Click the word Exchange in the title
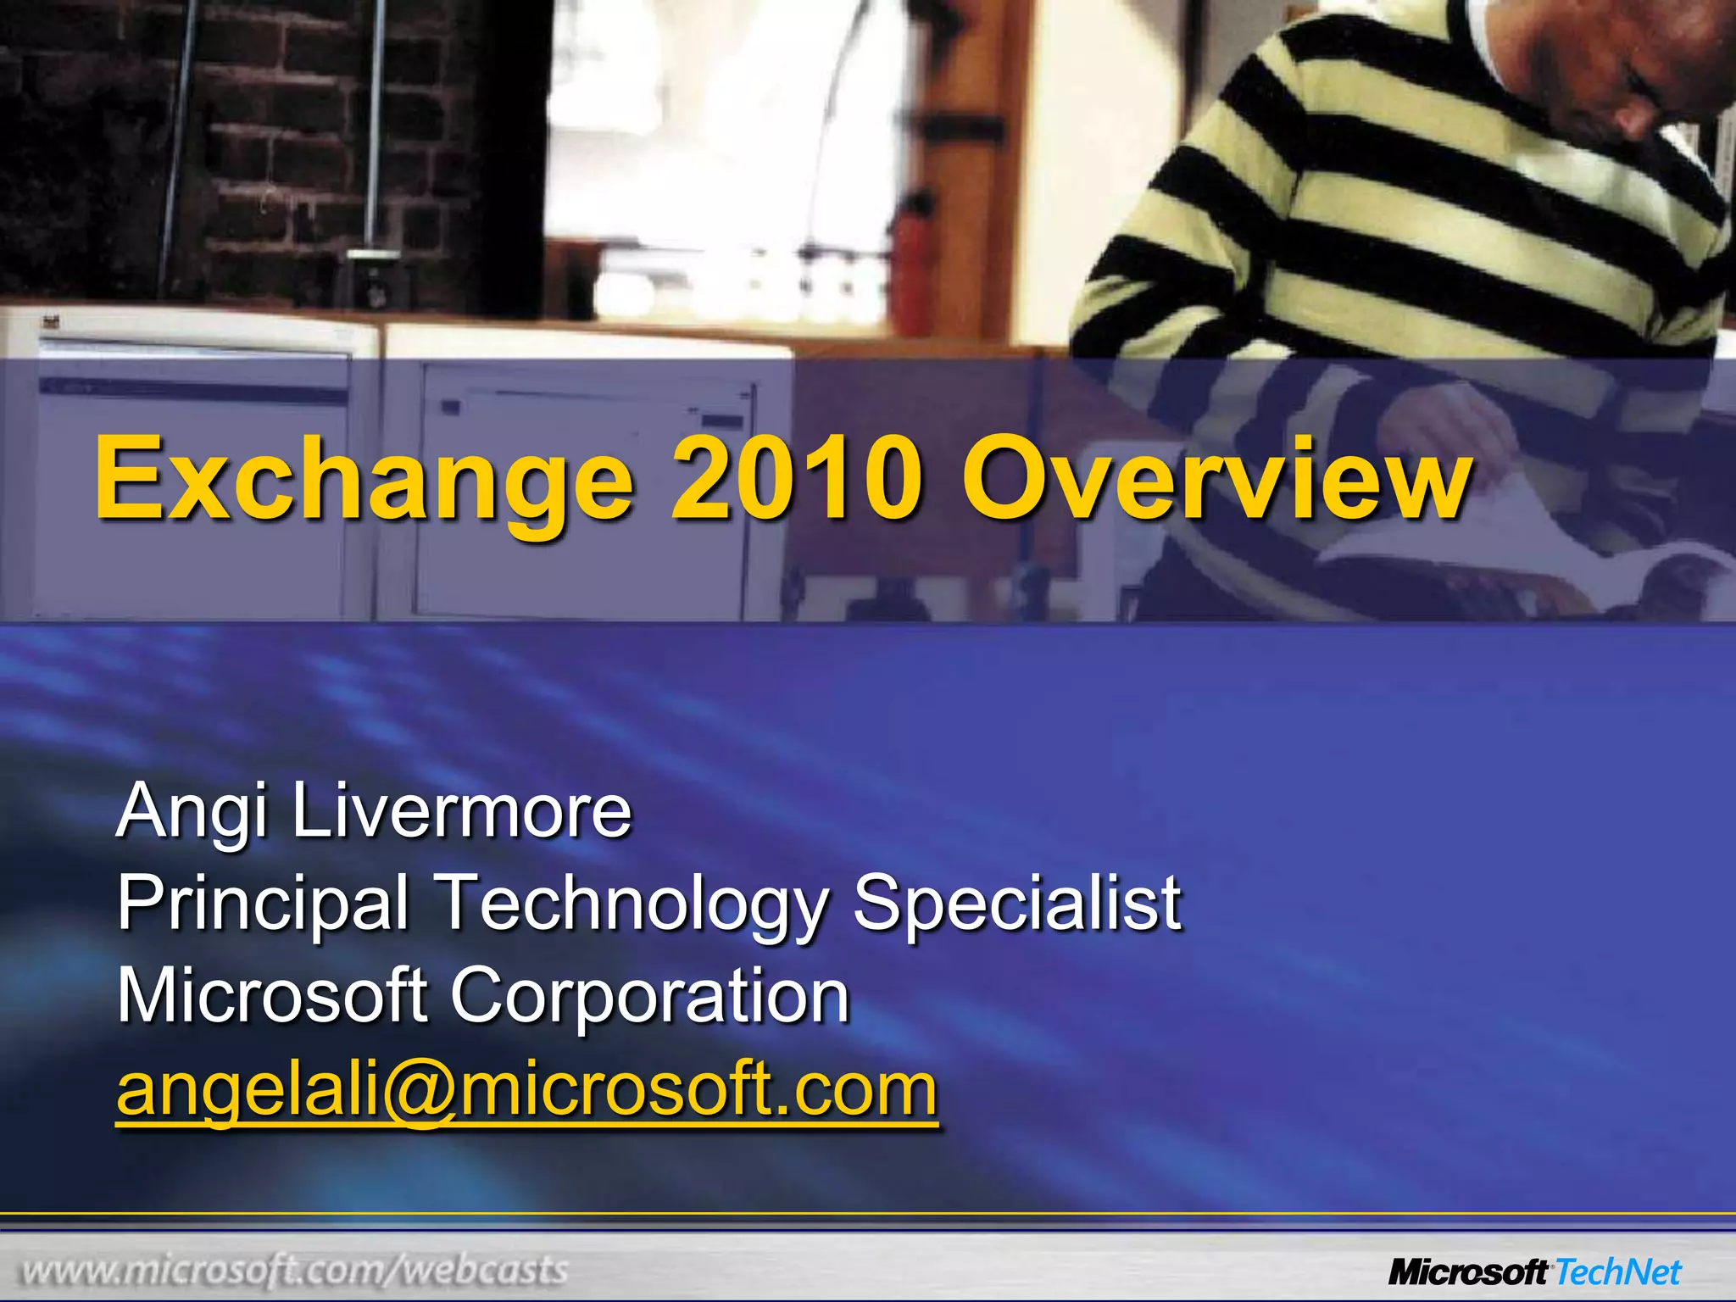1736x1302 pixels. pyautogui.click(x=364, y=481)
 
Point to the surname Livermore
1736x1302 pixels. pyautogui.click(x=462, y=810)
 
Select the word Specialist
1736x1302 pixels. pyautogui.click(x=1016, y=902)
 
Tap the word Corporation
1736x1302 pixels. pyautogui.click(x=649, y=995)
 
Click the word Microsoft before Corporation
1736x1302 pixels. pyautogui.click(x=271, y=995)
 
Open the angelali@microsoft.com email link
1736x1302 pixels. pyautogui.click(x=526, y=1090)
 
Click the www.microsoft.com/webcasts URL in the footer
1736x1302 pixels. pyautogui.click(x=294, y=1270)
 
